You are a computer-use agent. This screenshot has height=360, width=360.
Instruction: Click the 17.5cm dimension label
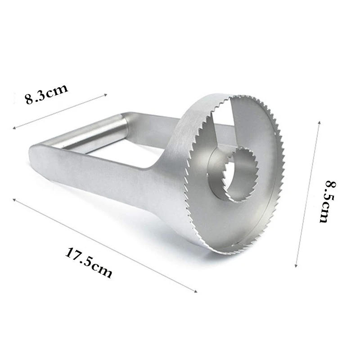[89, 262]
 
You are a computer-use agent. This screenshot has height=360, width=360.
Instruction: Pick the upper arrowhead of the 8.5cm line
[319, 121]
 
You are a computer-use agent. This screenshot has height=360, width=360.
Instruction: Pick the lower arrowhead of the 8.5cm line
[296, 266]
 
